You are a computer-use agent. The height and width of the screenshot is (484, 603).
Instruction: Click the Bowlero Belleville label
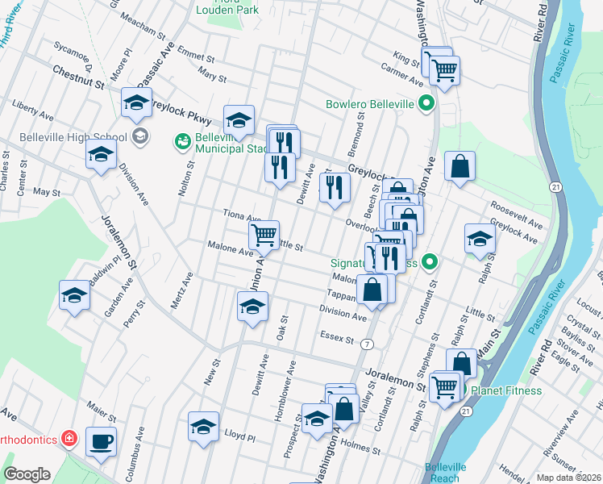pyautogui.click(x=370, y=104)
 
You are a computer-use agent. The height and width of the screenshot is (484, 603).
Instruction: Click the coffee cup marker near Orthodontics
pyautogui.click(x=101, y=442)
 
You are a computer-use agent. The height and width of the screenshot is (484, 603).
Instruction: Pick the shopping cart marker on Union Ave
pyautogui.click(x=264, y=236)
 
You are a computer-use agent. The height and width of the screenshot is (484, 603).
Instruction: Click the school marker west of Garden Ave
pyautogui.click(x=74, y=295)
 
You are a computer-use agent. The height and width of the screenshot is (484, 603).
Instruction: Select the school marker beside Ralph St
pyautogui.click(x=480, y=239)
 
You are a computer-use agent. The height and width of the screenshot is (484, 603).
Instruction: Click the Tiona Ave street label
pyautogui.click(x=242, y=217)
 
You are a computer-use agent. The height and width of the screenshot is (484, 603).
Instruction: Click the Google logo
pyautogui.click(x=27, y=474)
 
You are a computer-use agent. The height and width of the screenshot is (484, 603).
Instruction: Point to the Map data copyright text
pyautogui.click(x=568, y=478)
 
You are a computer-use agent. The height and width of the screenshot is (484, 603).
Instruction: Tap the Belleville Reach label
pyautogui.click(x=445, y=472)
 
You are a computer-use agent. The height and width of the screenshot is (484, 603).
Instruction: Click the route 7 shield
pyautogui.click(x=368, y=344)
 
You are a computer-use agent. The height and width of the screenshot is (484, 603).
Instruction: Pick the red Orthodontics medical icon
pyautogui.click(x=70, y=439)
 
